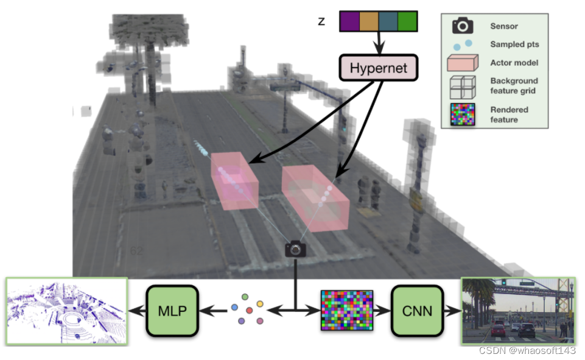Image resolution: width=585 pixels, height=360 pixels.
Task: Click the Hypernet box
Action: tap(377, 67)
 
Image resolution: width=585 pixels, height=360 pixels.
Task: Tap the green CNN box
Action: tap(418, 311)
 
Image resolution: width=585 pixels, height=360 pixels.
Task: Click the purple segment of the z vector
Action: tap(349, 21)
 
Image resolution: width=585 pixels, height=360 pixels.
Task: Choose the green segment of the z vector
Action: tap(407, 21)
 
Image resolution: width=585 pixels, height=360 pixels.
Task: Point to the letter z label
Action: tap(321, 23)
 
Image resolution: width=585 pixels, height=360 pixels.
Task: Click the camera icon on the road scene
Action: tap(296, 249)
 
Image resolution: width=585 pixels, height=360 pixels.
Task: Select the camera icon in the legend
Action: tap(463, 26)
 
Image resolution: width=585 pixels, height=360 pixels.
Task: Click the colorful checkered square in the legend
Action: tap(463, 115)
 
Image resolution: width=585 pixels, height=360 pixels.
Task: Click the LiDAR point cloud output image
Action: tap(66, 311)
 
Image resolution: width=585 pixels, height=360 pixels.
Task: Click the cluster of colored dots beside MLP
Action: tap(248, 309)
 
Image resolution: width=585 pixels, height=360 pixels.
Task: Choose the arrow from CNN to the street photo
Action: tap(451, 311)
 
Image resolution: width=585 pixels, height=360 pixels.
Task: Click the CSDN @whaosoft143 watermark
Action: tap(527, 350)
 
